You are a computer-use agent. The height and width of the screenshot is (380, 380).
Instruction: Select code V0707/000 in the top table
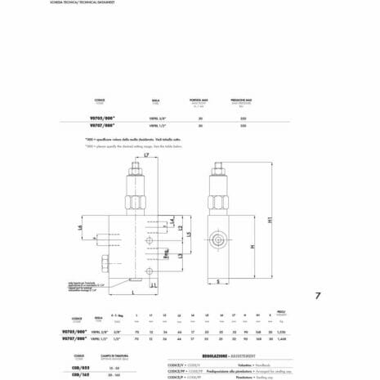pyautogui.click(x=100, y=125)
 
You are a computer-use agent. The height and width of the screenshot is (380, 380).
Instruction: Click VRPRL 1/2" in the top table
pyautogui.click(x=157, y=125)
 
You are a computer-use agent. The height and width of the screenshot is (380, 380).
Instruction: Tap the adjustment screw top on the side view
pyautogui.click(x=218, y=168)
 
